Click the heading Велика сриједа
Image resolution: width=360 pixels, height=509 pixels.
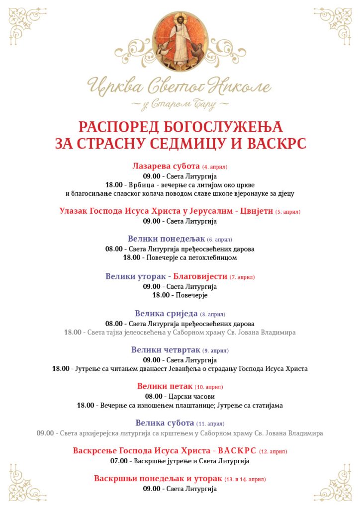(x=166, y=314)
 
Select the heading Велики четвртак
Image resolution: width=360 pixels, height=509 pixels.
(x=166, y=350)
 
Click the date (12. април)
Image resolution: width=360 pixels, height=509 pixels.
(x=273, y=451)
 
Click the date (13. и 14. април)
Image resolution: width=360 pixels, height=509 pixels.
(x=245, y=479)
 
